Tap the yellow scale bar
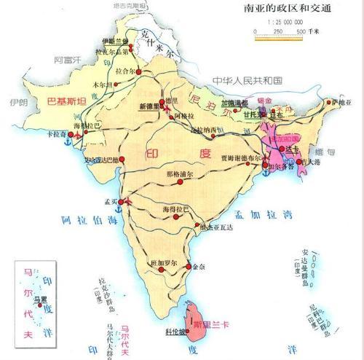tap(277, 39)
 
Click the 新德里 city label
tap(149, 106)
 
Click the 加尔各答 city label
tap(281, 166)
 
